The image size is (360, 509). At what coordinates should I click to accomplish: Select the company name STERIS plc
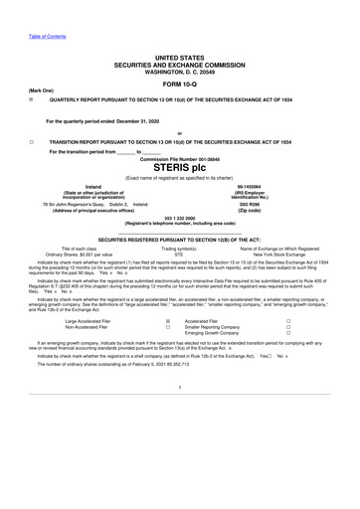179,168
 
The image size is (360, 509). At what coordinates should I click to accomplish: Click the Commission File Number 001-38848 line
179,158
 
